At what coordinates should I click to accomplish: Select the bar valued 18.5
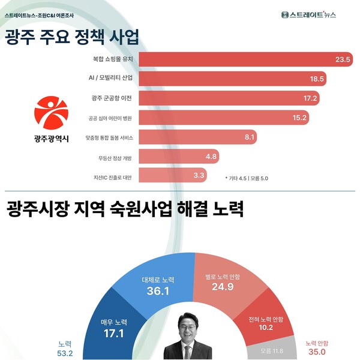(234, 79)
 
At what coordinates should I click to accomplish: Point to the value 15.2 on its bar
(300, 117)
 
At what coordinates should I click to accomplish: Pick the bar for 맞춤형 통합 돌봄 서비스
(198, 137)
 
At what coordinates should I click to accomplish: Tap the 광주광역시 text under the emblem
(52, 139)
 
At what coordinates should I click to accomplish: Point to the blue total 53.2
(65, 352)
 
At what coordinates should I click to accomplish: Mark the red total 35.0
(316, 352)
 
